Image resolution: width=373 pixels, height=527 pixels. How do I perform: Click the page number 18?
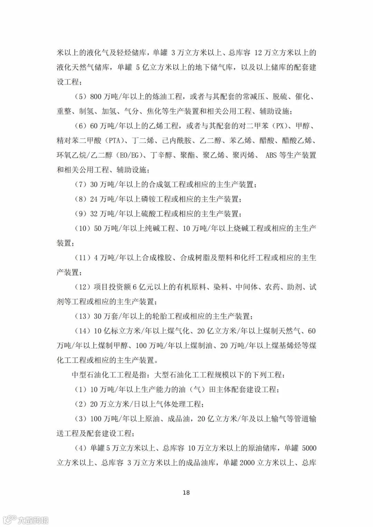(186, 492)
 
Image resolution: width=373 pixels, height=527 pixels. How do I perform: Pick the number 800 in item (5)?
(96, 97)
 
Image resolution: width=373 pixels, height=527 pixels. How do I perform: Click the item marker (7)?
(81, 185)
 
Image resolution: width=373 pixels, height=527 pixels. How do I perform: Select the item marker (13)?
(83, 316)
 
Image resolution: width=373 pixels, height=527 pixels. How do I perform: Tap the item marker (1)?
(81, 390)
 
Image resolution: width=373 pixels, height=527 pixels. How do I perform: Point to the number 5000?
(309, 448)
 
